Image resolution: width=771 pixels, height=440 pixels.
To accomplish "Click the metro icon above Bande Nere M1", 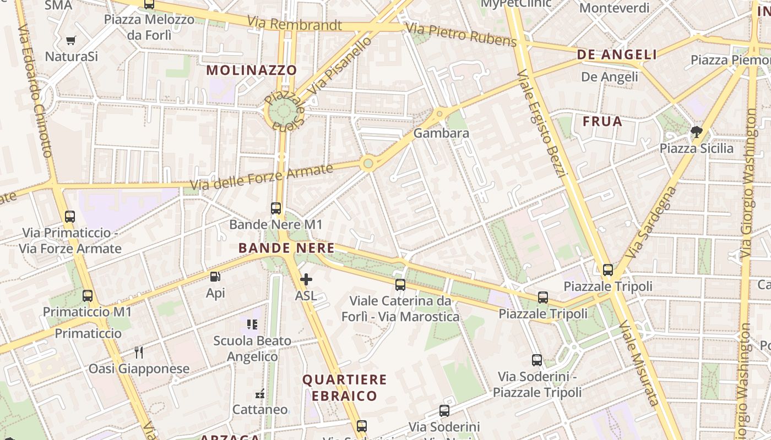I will pyautogui.click(x=276, y=208).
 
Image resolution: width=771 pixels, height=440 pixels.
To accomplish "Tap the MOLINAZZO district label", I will pyautogui.click(x=252, y=70).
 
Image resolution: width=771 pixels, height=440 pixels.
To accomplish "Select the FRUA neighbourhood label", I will pyautogui.click(x=602, y=122).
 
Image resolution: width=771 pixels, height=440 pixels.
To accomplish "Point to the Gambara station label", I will pyautogui.click(x=441, y=133).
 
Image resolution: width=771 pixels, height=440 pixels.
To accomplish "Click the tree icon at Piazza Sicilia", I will pyautogui.click(x=697, y=131).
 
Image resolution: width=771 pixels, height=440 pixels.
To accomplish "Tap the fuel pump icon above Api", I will pyautogui.click(x=215, y=277).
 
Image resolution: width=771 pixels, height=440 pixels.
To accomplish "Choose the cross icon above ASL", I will pyautogui.click(x=306, y=279).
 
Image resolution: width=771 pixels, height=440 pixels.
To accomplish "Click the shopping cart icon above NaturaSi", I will pyautogui.click(x=70, y=40).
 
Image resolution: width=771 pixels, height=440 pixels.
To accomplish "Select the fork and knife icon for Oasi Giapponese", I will pyautogui.click(x=139, y=353).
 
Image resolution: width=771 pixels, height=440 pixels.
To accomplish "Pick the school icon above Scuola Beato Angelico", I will pyautogui.click(x=252, y=324).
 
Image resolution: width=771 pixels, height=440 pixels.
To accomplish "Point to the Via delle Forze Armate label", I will pyautogui.click(x=262, y=177).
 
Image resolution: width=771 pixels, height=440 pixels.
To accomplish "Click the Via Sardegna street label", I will pyautogui.click(x=651, y=222).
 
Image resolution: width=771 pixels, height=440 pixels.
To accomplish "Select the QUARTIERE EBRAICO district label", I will pyautogui.click(x=345, y=387).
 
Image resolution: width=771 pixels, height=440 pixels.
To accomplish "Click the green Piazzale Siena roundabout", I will pyautogui.click(x=283, y=112).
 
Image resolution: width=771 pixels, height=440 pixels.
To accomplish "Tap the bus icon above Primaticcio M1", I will pyautogui.click(x=88, y=296).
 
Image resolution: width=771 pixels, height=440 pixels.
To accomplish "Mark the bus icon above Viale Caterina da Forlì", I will pyautogui.click(x=400, y=285).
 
